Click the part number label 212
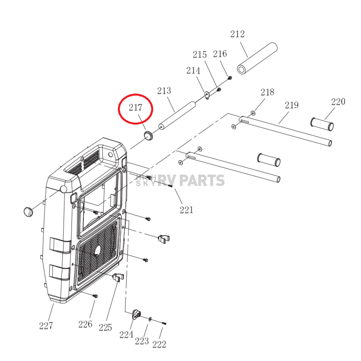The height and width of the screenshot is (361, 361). coord(237,34)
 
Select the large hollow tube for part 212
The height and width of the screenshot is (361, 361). coord(257,58)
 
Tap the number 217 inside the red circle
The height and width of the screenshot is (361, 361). coord(135,108)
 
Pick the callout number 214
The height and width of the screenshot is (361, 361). coord(193,71)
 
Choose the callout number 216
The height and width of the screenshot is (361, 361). coord(220,54)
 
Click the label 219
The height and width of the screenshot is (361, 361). coord(292,105)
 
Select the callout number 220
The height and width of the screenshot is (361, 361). coord(338,102)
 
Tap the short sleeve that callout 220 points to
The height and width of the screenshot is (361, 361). coord(322,124)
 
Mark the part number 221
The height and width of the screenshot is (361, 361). coord(186,210)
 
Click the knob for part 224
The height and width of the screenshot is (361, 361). coord(136,314)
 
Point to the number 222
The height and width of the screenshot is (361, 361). coord(159,344)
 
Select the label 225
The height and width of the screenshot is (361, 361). coord(105,328)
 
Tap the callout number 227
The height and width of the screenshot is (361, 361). coord(46,326)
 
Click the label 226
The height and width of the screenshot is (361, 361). coord(85,324)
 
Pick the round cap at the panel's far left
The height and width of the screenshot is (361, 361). coord(28,212)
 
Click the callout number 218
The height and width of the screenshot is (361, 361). coord(267,92)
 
